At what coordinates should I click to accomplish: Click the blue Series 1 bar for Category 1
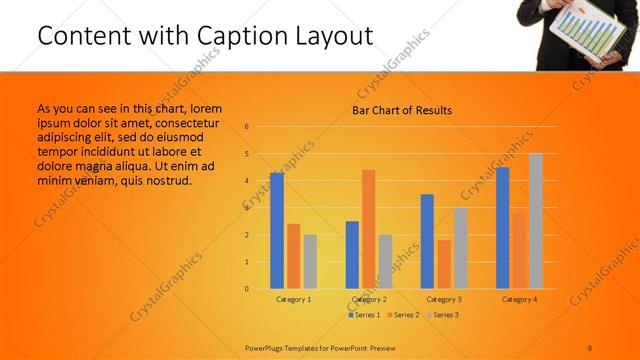point(277,231)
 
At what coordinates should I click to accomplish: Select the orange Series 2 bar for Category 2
point(368,229)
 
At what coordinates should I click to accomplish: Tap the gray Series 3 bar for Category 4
point(536,221)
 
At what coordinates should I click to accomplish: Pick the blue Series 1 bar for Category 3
point(427,241)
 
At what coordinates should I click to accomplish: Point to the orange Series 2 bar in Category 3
point(444,264)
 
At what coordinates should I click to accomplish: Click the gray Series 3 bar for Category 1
point(310,262)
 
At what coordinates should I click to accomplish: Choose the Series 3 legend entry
point(445,315)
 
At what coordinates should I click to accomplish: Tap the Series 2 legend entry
point(405,315)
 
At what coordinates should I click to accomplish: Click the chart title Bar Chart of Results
point(402,110)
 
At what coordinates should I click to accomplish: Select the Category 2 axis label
point(369,300)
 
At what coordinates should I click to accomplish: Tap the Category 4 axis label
point(519,300)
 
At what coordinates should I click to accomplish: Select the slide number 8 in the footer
point(590,346)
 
